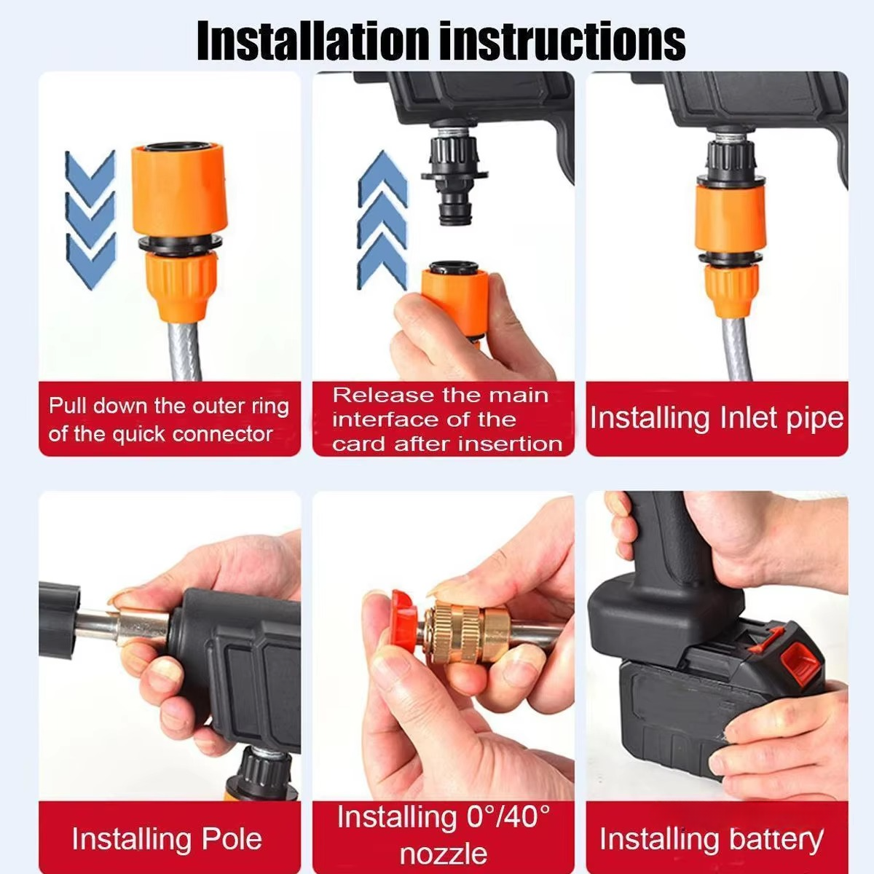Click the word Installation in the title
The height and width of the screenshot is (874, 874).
(313, 42)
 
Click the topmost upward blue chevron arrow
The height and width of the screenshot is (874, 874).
(383, 178)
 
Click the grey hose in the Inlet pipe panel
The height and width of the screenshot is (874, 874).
(739, 350)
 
